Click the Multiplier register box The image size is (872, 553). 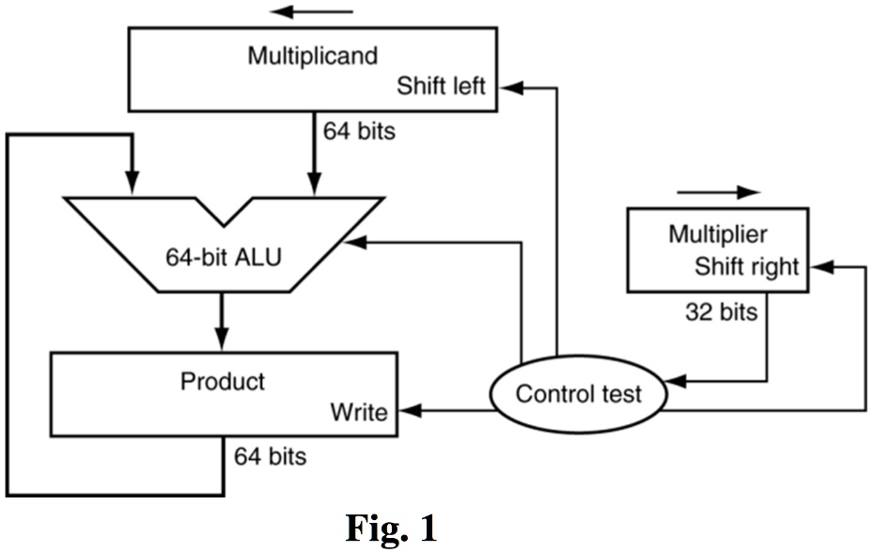coord(716,248)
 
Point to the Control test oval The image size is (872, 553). coord(578,393)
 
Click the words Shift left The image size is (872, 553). coord(441,87)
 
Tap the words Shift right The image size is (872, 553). coord(746,266)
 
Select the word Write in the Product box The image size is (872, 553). coord(359,412)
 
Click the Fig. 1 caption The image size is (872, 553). coord(391,529)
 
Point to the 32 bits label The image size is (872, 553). coord(721,312)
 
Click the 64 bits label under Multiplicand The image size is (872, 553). coord(359,131)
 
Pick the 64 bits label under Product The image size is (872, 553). coord(271,457)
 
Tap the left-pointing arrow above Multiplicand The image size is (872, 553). coord(311,12)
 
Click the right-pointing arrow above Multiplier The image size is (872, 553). coord(718,192)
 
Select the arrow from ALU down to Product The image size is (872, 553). coord(222,320)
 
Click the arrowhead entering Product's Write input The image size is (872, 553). coord(407,411)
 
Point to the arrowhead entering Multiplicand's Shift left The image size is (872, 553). coord(509,87)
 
